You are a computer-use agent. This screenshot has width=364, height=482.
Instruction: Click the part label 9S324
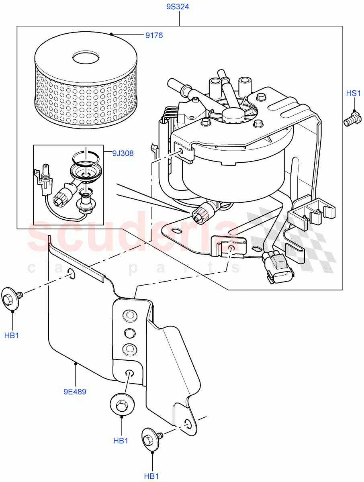[x=178, y=7]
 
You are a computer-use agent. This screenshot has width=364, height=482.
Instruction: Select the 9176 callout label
[x=154, y=36]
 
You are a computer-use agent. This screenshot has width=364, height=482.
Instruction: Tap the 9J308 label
[x=123, y=153]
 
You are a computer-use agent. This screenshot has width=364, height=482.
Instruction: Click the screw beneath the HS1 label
[x=352, y=120]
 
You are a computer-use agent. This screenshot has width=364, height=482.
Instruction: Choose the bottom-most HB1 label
[x=152, y=476]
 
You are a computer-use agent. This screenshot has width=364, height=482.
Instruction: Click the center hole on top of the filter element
[x=86, y=57]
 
